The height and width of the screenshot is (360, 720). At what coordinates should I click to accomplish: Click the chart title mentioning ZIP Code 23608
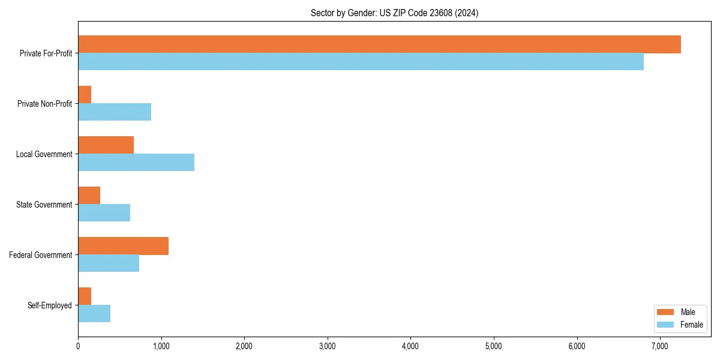click(x=394, y=13)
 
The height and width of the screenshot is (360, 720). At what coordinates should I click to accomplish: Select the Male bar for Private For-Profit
click(x=379, y=44)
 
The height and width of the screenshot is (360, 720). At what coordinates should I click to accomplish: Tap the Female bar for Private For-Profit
click(x=361, y=62)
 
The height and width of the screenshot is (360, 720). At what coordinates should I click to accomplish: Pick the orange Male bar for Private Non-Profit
click(x=85, y=95)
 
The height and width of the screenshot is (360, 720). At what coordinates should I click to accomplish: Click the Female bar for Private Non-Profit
click(x=115, y=112)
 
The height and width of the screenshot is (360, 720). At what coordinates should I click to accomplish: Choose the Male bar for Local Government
click(x=106, y=145)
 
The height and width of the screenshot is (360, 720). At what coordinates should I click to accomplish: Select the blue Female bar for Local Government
click(x=136, y=163)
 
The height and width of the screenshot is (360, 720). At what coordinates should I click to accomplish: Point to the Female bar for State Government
click(x=104, y=213)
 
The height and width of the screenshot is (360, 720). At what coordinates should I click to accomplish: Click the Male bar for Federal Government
click(x=123, y=246)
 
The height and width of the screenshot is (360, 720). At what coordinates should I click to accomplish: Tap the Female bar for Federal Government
click(x=109, y=263)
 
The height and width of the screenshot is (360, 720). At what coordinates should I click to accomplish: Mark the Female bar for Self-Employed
click(x=94, y=314)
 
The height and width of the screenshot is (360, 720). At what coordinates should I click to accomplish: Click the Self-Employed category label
click(x=50, y=305)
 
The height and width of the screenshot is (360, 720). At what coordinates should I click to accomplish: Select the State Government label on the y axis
click(x=44, y=205)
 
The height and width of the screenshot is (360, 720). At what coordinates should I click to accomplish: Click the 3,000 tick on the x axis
click(x=327, y=346)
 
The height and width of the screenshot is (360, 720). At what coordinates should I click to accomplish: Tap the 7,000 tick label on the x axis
click(x=659, y=346)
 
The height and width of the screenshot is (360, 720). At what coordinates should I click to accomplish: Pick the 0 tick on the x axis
click(x=78, y=346)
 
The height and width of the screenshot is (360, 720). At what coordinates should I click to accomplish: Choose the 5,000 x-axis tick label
click(x=493, y=346)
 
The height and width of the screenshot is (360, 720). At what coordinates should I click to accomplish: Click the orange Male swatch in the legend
click(x=666, y=312)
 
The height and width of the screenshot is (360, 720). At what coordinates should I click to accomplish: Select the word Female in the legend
click(x=691, y=325)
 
